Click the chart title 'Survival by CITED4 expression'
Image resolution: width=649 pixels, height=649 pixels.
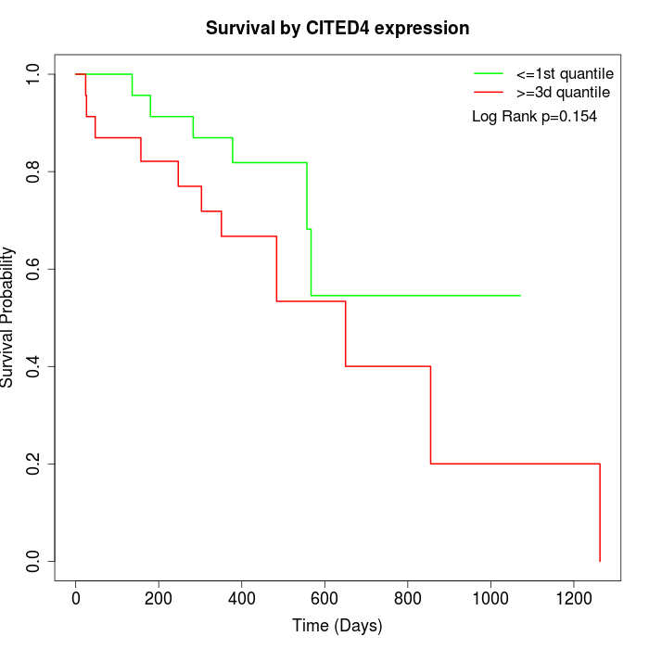(x=337, y=28)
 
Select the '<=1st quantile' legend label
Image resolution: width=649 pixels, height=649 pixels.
(x=564, y=72)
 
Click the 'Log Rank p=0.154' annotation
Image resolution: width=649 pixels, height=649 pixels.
(x=534, y=117)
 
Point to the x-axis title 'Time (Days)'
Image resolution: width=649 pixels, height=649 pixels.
(x=337, y=626)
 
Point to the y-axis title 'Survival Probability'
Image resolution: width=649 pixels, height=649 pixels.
(x=9, y=317)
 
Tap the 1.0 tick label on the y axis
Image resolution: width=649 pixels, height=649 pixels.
(x=34, y=74)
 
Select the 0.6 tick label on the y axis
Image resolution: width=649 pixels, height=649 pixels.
(x=34, y=269)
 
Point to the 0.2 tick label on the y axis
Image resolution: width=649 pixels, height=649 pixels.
(x=34, y=464)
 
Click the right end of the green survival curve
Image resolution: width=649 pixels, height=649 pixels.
(x=520, y=295)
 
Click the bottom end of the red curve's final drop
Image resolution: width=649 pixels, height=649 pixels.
(x=600, y=561)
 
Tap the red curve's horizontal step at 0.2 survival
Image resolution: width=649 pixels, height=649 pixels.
(x=515, y=464)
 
